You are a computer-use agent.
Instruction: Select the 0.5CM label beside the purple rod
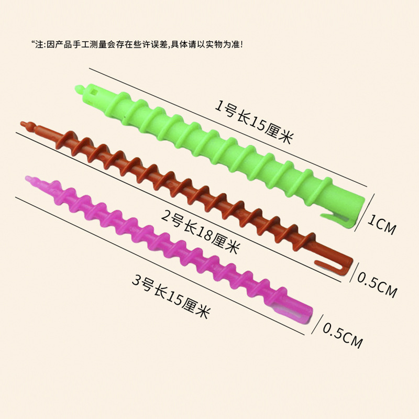(x=343, y=335)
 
